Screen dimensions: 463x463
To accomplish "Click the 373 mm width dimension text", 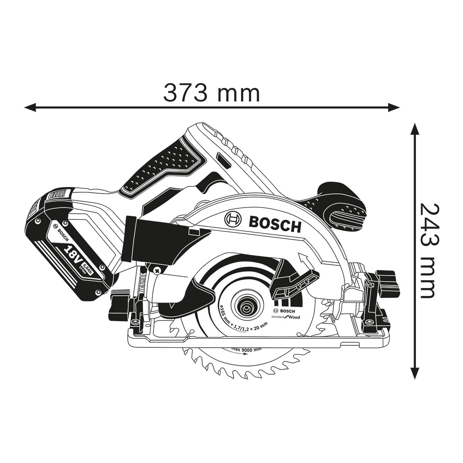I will [211, 93].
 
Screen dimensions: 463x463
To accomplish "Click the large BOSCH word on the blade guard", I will [275, 224].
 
